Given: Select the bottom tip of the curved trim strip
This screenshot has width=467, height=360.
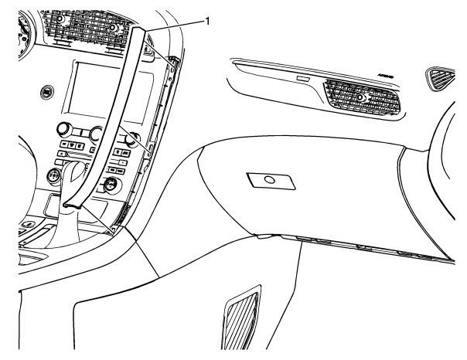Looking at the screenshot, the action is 72,205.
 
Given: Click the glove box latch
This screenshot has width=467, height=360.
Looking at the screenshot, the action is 268,181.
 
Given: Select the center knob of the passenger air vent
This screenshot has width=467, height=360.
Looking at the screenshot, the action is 362,99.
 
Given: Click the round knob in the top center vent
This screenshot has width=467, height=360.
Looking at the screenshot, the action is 113,28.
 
